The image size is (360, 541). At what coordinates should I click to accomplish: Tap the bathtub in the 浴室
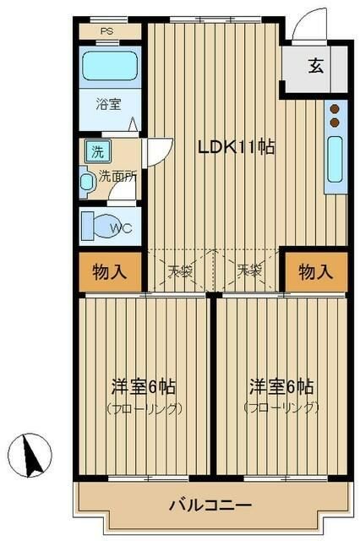pyautogui.click(x=111, y=67)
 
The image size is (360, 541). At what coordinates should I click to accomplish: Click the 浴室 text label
pyautogui.click(x=107, y=105)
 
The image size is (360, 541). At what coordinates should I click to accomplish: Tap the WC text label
pyautogui.click(x=121, y=227)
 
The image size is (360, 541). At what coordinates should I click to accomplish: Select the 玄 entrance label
pyautogui.click(x=315, y=67)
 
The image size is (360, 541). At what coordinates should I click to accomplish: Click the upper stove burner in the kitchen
pyautogui.click(x=335, y=109)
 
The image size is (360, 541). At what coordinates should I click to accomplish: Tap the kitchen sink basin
pyautogui.click(x=334, y=159)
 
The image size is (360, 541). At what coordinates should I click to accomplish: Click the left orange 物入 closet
pyautogui.click(x=110, y=272)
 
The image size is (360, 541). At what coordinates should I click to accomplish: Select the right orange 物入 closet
pyautogui.click(x=315, y=272)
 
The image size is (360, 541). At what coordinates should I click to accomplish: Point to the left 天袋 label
pyautogui.click(x=179, y=271)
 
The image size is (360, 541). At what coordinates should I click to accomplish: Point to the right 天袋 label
pyautogui.click(x=248, y=271)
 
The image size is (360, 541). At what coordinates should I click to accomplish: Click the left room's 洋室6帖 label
pyautogui.click(x=144, y=387)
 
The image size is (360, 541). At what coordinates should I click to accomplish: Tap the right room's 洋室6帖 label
pyautogui.click(x=281, y=387)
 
